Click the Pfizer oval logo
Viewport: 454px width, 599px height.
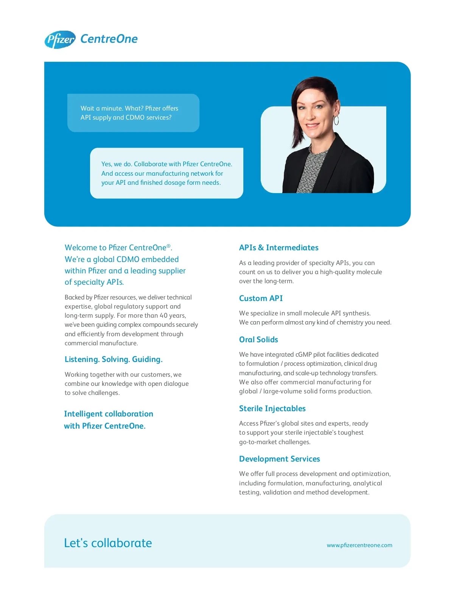[x=60, y=40]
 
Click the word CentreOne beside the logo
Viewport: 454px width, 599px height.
[x=109, y=39]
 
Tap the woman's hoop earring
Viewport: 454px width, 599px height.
[x=336, y=120]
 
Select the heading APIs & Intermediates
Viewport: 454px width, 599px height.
[x=278, y=248]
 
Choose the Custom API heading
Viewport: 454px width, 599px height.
[x=261, y=298]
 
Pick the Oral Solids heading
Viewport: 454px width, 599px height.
[x=258, y=340]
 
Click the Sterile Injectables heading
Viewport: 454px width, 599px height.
[x=272, y=409]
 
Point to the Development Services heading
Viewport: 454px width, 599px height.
[x=279, y=459]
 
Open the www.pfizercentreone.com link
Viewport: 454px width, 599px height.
[x=359, y=545]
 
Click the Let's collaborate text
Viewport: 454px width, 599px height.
[x=108, y=543]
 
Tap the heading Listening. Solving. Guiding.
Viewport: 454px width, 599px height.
[x=113, y=359]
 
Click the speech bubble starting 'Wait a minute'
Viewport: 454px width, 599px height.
[x=133, y=113]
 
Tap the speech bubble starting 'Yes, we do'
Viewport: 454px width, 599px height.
[x=166, y=173]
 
